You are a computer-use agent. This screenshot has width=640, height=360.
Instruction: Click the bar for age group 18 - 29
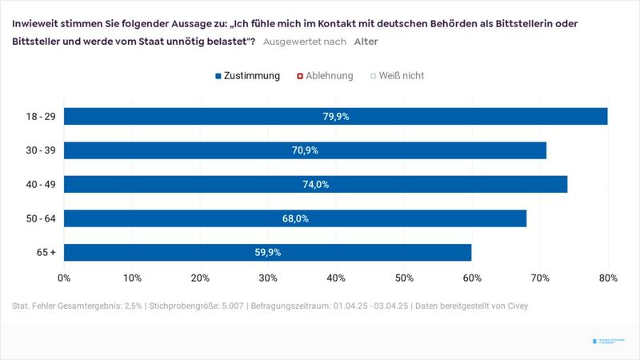point(335,116)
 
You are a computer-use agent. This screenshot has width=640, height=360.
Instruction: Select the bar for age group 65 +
point(267,252)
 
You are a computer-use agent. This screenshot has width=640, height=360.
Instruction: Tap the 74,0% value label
point(315,184)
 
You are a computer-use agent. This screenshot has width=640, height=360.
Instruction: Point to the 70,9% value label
point(305,150)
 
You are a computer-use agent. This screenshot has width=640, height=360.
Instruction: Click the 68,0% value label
point(295,218)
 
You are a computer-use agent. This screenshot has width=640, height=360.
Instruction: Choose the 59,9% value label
point(267,252)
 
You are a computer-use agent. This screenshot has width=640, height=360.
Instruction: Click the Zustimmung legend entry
point(248,76)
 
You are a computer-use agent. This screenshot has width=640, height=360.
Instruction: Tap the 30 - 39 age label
point(40,150)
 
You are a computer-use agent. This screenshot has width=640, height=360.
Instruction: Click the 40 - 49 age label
point(40,184)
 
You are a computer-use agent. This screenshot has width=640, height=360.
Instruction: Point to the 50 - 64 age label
point(40,218)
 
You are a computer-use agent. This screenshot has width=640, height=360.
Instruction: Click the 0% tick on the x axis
point(64,278)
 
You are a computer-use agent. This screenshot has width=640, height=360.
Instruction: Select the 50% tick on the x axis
point(404,278)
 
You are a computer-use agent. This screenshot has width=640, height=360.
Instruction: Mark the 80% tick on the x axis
point(608,278)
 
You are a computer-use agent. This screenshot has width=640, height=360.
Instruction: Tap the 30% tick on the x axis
point(268,278)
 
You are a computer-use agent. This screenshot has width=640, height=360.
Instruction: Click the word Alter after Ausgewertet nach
point(366,42)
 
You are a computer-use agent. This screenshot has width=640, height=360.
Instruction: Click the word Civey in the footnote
point(516,306)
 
